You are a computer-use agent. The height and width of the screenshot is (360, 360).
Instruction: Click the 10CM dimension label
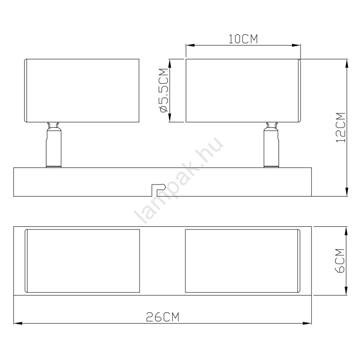click(x=243, y=39)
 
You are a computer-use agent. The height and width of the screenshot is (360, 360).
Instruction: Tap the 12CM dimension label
click(x=341, y=127)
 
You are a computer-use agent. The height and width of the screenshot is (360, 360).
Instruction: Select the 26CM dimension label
click(x=162, y=317)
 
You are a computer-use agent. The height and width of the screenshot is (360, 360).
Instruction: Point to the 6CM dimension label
click(x=340, y=261)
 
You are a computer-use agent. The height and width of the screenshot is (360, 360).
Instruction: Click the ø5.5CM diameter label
click(x=165, y=90)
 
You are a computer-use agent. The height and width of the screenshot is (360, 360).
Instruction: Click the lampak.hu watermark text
click(x=179, y=180)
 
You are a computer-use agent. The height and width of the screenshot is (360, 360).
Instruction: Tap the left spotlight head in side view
click(x=82, y=90)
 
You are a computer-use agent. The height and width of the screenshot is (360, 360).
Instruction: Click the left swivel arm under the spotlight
click(x=54, y=145)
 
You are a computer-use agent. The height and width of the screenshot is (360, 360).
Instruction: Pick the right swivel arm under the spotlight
click(x=271, y=145)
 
